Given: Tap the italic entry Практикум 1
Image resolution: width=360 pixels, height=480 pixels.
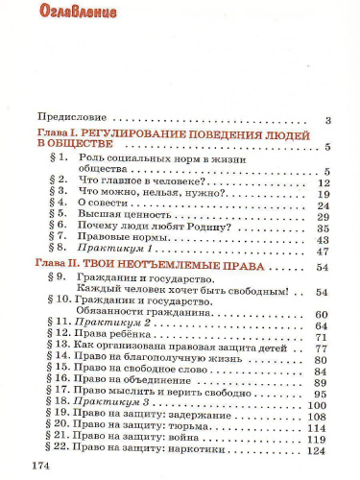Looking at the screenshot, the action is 112,251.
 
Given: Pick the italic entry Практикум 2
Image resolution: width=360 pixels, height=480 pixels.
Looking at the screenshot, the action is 113,325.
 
